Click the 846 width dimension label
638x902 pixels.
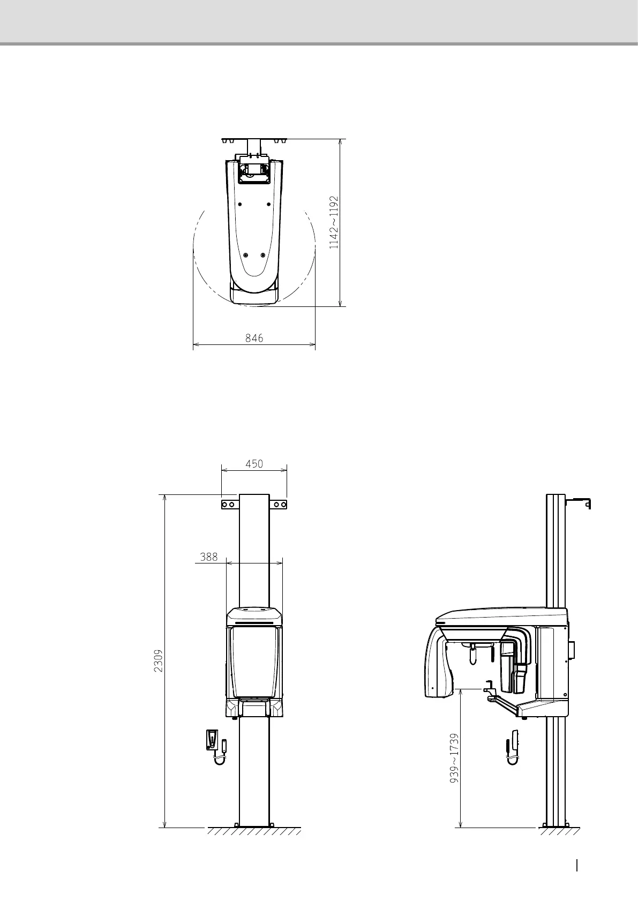click(254, 338)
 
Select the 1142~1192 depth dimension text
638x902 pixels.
click(334, 222)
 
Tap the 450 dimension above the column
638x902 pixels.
click(254, 464)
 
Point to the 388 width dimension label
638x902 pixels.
click(208, 557)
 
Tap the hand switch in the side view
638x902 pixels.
click(512, 747)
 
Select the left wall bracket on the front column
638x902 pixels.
click(230, 505)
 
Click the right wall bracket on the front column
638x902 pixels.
click(278, 505)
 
